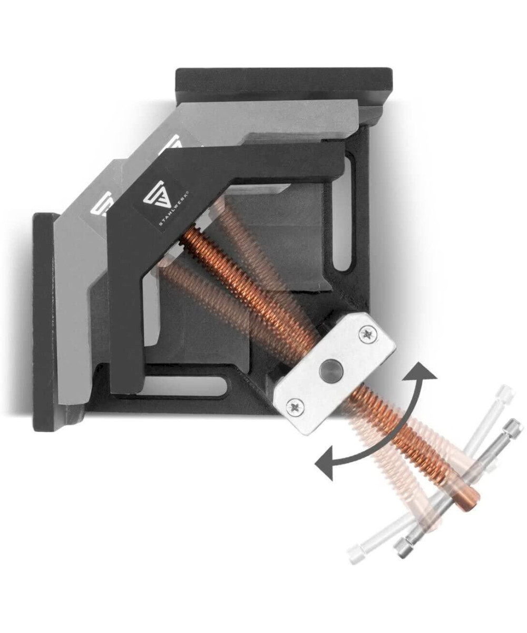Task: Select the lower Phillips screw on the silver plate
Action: point(294,408)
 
